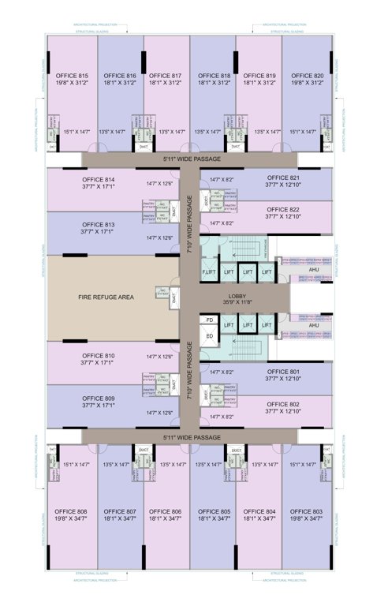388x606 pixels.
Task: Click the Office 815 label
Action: [73, 76]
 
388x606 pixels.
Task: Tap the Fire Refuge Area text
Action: [106, 297]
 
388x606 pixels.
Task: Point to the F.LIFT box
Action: [209, 272]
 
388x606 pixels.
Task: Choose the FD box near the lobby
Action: [209, 320]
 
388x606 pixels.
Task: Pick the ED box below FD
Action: [209, 337]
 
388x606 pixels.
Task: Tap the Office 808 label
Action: [73, 511]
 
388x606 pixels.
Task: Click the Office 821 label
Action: [283, 178]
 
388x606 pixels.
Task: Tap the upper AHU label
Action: [314, 270]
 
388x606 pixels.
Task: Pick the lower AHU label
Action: [314, 325]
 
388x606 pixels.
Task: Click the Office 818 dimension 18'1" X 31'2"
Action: [215, 82]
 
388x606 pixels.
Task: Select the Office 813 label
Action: [99, 224]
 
